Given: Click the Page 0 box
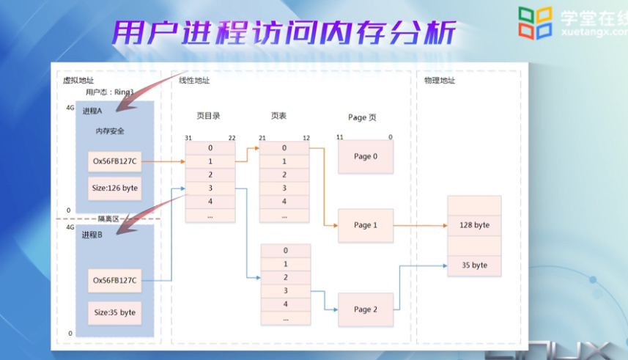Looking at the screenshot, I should [x=365, y=156].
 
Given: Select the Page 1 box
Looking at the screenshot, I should [x=365, y=225].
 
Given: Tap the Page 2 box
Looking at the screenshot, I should [x=365, y=309].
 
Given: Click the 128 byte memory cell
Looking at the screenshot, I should [x=474, y=225].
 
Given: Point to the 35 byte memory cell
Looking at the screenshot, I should [x=474, y=265].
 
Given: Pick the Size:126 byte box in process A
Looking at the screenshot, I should [x=114, y=188].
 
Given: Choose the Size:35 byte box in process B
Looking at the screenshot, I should [x=114, y=312].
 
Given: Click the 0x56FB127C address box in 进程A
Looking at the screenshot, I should [x=114, y=161].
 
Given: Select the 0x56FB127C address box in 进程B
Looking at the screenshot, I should [x=114, y=280].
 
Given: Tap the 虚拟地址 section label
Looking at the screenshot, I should [x=78, y=81].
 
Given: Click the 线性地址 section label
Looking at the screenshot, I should [x=194, y=81].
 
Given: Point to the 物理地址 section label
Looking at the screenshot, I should [x=440, y=81].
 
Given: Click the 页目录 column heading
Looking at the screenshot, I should [x=208, y=117].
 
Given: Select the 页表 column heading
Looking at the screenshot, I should [x=278, y=117].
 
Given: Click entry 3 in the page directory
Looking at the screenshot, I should [x=210, y=188].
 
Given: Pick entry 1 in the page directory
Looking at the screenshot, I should [x=210, y=161].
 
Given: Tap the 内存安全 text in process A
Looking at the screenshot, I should [x=110, y=131].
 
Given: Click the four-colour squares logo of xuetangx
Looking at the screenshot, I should [x=535, y=23].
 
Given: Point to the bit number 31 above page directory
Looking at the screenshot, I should [x=188, y=137].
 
